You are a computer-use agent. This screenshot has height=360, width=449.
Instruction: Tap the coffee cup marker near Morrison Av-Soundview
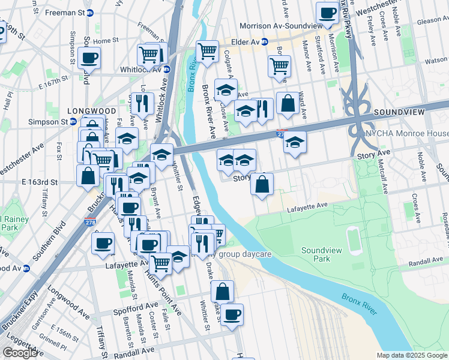328,13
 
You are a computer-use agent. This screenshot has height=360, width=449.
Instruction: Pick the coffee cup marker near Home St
89,58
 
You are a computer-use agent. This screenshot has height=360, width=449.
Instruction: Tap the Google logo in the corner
20,353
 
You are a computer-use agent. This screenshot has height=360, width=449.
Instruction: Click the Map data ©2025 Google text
412,355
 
